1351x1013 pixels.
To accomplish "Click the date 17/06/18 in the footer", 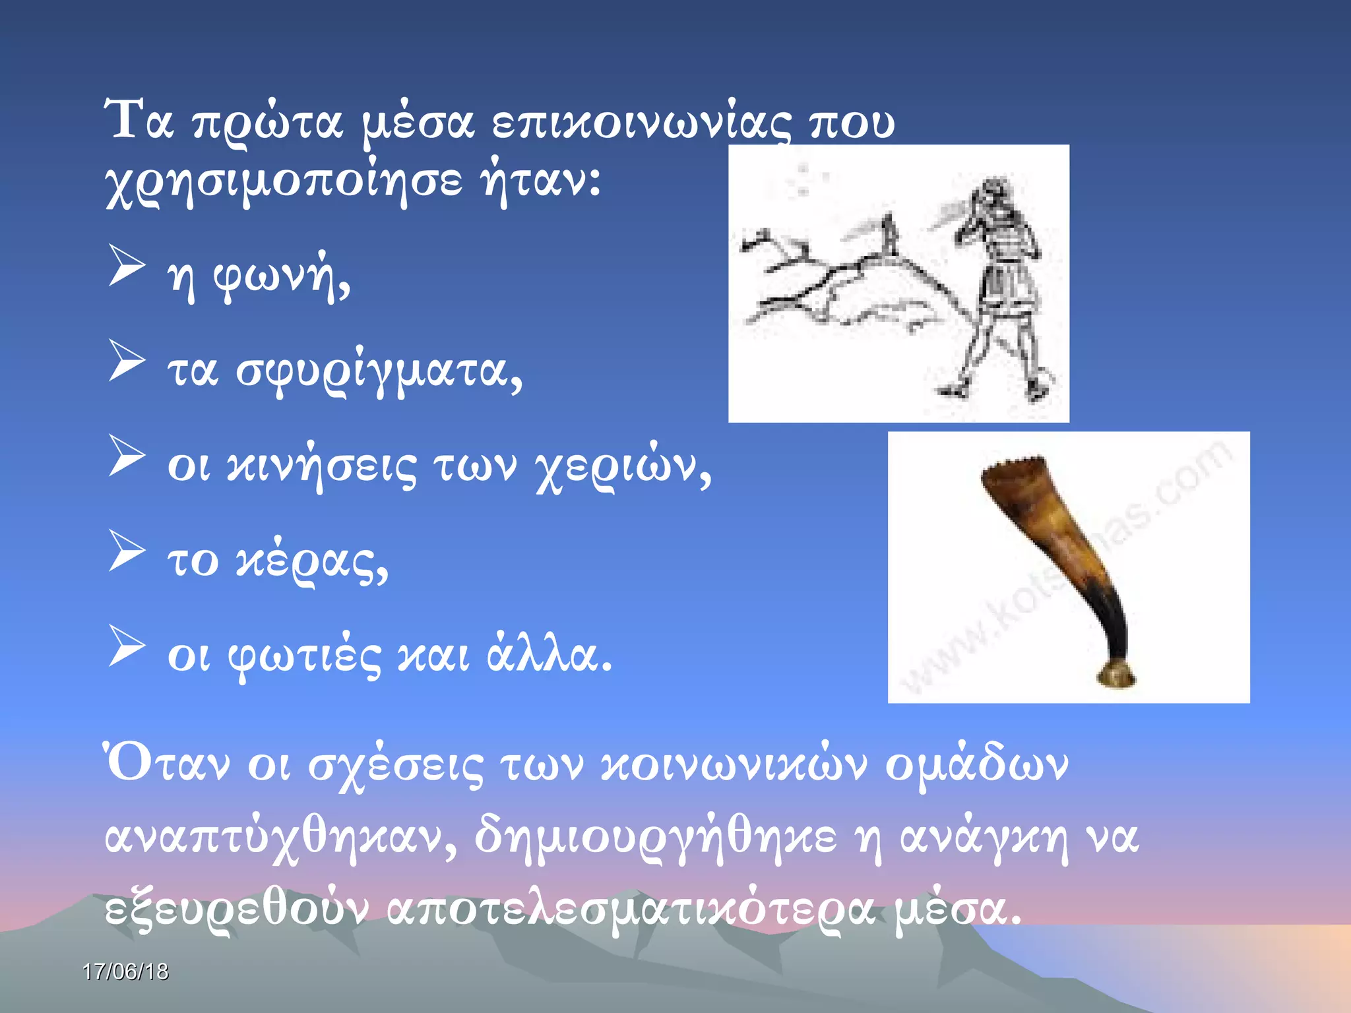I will coord(125,971).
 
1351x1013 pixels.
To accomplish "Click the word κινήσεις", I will coord(321,466).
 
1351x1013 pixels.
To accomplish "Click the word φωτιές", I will coord(304,657).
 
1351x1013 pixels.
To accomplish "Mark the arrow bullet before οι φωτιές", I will coord(127,646).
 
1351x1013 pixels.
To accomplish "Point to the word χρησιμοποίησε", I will coord(284,181).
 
